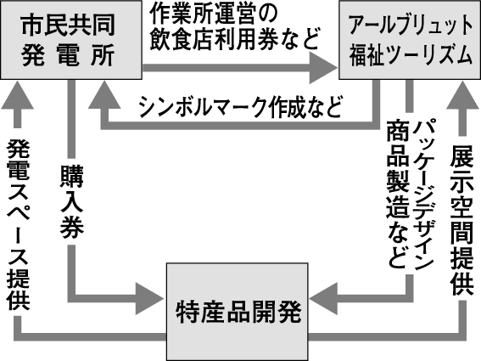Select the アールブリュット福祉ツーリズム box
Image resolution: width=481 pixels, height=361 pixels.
[409, 41]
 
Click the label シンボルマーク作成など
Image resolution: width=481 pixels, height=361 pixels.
[241, 108]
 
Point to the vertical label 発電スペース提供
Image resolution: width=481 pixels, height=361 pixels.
[19, 224]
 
